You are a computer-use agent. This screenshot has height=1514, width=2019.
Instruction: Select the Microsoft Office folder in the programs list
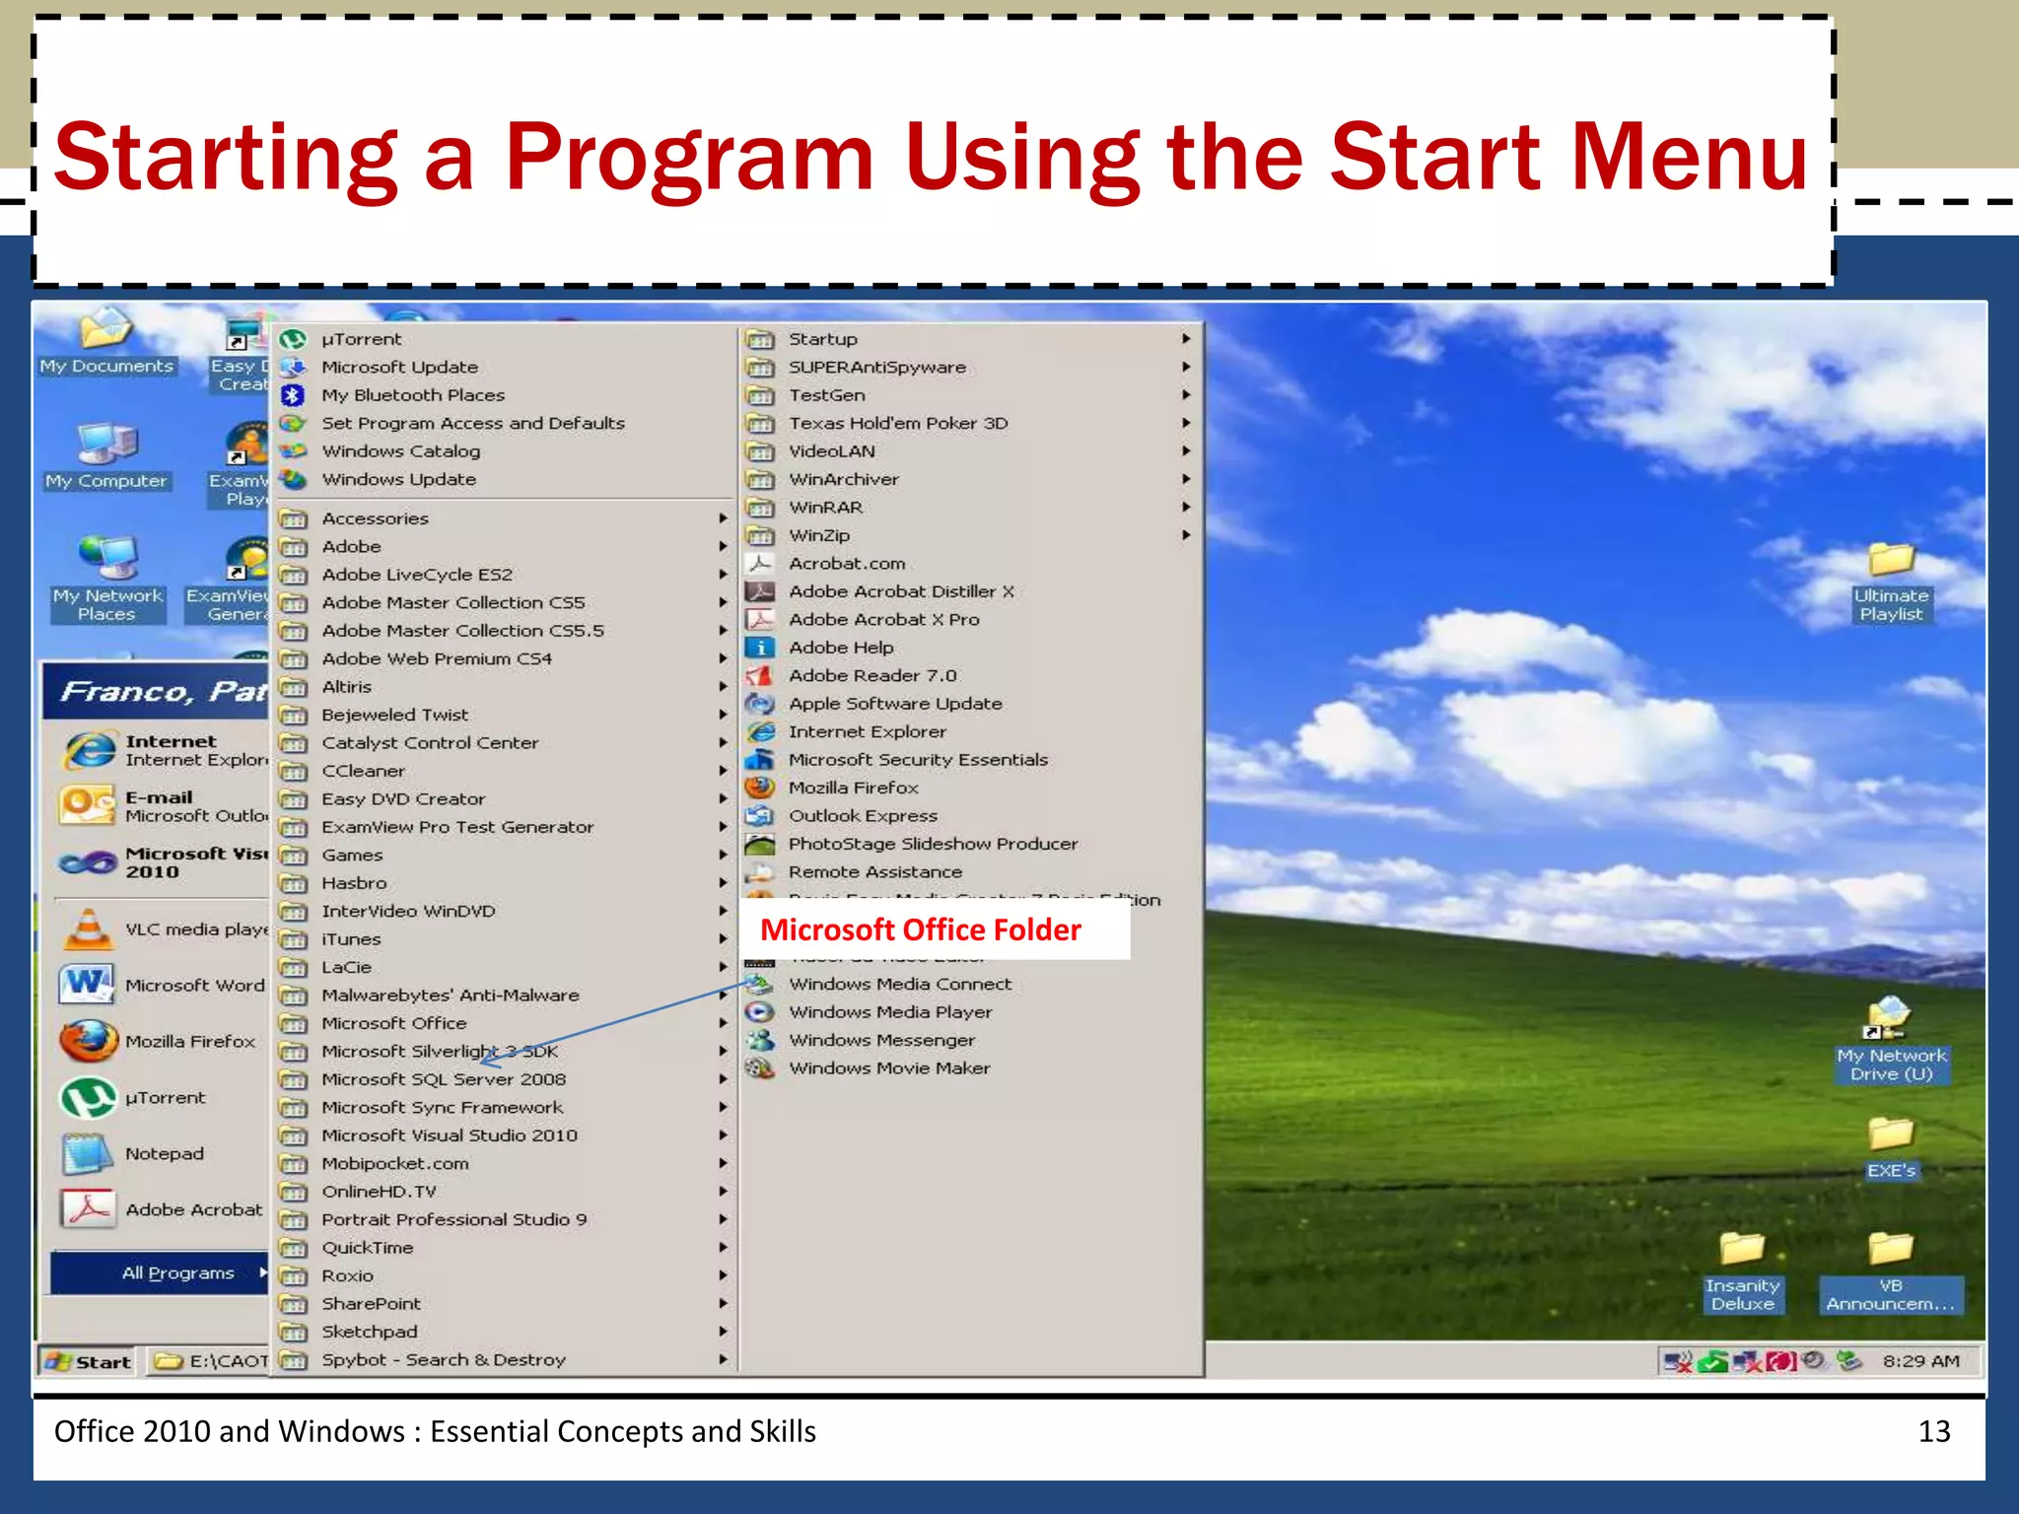(x=393, y=1023)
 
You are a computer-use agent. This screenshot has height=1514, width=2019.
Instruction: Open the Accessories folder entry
(x=375, y=518)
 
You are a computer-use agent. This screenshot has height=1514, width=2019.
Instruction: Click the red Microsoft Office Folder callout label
(x=921, y=929)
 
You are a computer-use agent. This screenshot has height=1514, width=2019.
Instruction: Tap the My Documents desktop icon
(x=105, y=331)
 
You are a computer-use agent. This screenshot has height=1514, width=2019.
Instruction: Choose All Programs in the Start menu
(x=178, y=1273)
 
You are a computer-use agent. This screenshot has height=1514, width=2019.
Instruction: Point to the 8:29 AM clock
(x=1919, y=1361)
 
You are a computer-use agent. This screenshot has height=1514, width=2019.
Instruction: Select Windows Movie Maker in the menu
(x=888, y=1067)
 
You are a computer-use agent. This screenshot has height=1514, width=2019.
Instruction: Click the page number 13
(x=1933, y=1431)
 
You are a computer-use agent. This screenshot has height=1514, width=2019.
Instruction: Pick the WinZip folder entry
(x=818, y=535)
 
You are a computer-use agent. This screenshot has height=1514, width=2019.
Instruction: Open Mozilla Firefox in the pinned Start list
(x=189, y=1041)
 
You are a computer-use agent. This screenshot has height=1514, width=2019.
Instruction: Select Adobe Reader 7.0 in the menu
(x=871, y=675)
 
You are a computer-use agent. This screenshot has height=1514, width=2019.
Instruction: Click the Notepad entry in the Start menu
(x=164, y=1153)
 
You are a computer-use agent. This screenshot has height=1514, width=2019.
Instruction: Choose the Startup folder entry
(x=822, y=339)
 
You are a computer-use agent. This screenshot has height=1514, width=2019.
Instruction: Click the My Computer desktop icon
(x=106, y=446)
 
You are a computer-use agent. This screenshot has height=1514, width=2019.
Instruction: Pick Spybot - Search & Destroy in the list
(x=443, y=1359)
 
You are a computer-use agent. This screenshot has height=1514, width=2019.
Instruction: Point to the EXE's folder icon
(x=1891, y=1135)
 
